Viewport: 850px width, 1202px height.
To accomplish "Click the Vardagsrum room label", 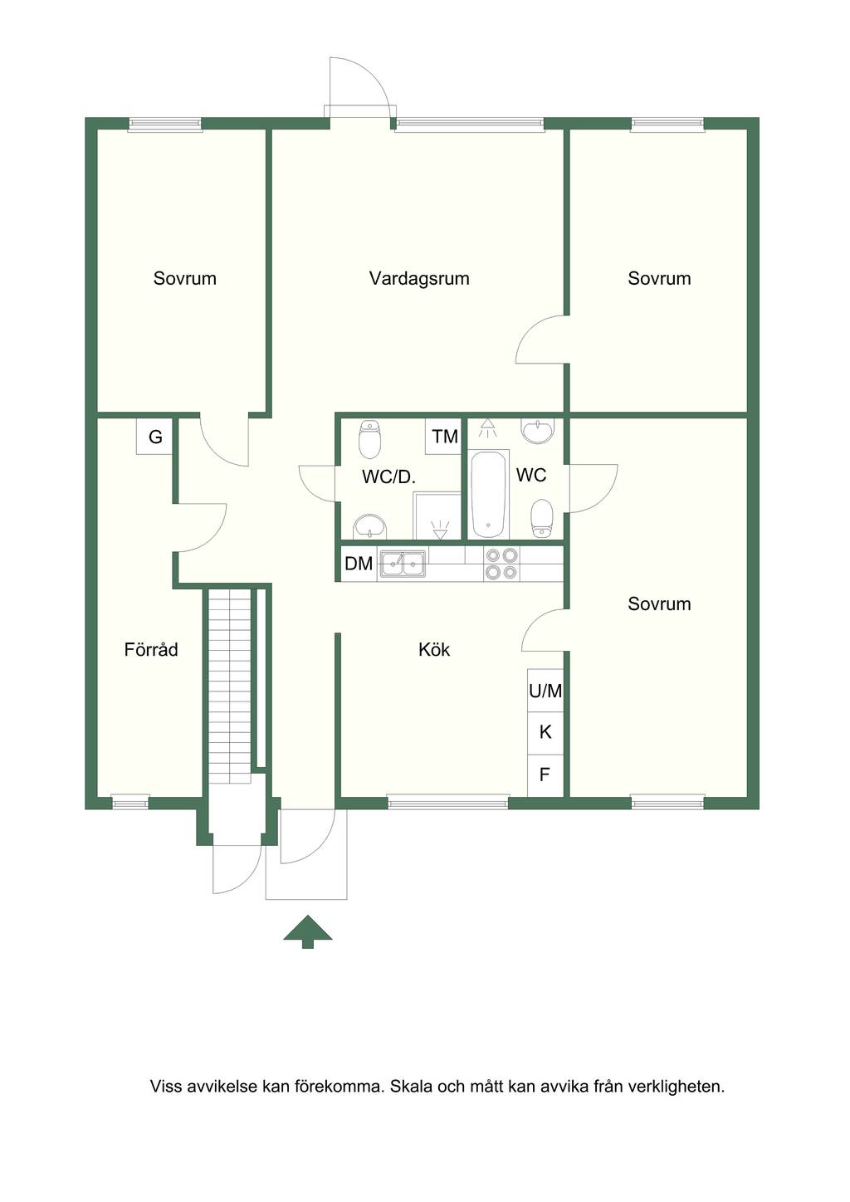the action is [x=419, y=278].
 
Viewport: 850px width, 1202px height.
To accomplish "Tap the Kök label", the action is [x=434, y=650].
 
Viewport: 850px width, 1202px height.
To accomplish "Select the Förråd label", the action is [x=151, y=649].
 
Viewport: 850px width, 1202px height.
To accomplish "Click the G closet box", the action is [x=154, y=437].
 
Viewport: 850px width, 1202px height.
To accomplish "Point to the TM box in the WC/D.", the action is [x=444, y=437].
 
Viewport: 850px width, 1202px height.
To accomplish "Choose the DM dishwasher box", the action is [x=359, y=564].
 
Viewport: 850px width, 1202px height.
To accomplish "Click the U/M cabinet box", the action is [x=545, y=691].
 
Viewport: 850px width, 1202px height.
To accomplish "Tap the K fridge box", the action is [x=545, y=733].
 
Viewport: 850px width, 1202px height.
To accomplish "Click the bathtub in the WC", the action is [x=488, y=494].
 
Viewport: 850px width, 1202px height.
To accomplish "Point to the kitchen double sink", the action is [x=403, y=564].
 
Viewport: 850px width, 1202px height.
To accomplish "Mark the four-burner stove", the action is [x=501, y=564].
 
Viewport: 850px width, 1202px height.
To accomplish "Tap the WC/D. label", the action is [x=389, y=476].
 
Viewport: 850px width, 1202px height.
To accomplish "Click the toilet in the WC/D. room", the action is [x=369, y=439].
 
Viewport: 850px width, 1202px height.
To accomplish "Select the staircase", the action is [x=230, y=686].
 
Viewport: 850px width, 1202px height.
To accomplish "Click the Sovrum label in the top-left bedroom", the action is [x=184, y=278].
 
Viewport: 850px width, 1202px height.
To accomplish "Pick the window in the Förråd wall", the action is [x=130, y=804].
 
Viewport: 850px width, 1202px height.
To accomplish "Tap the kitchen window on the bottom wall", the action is [x=447, y=804].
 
